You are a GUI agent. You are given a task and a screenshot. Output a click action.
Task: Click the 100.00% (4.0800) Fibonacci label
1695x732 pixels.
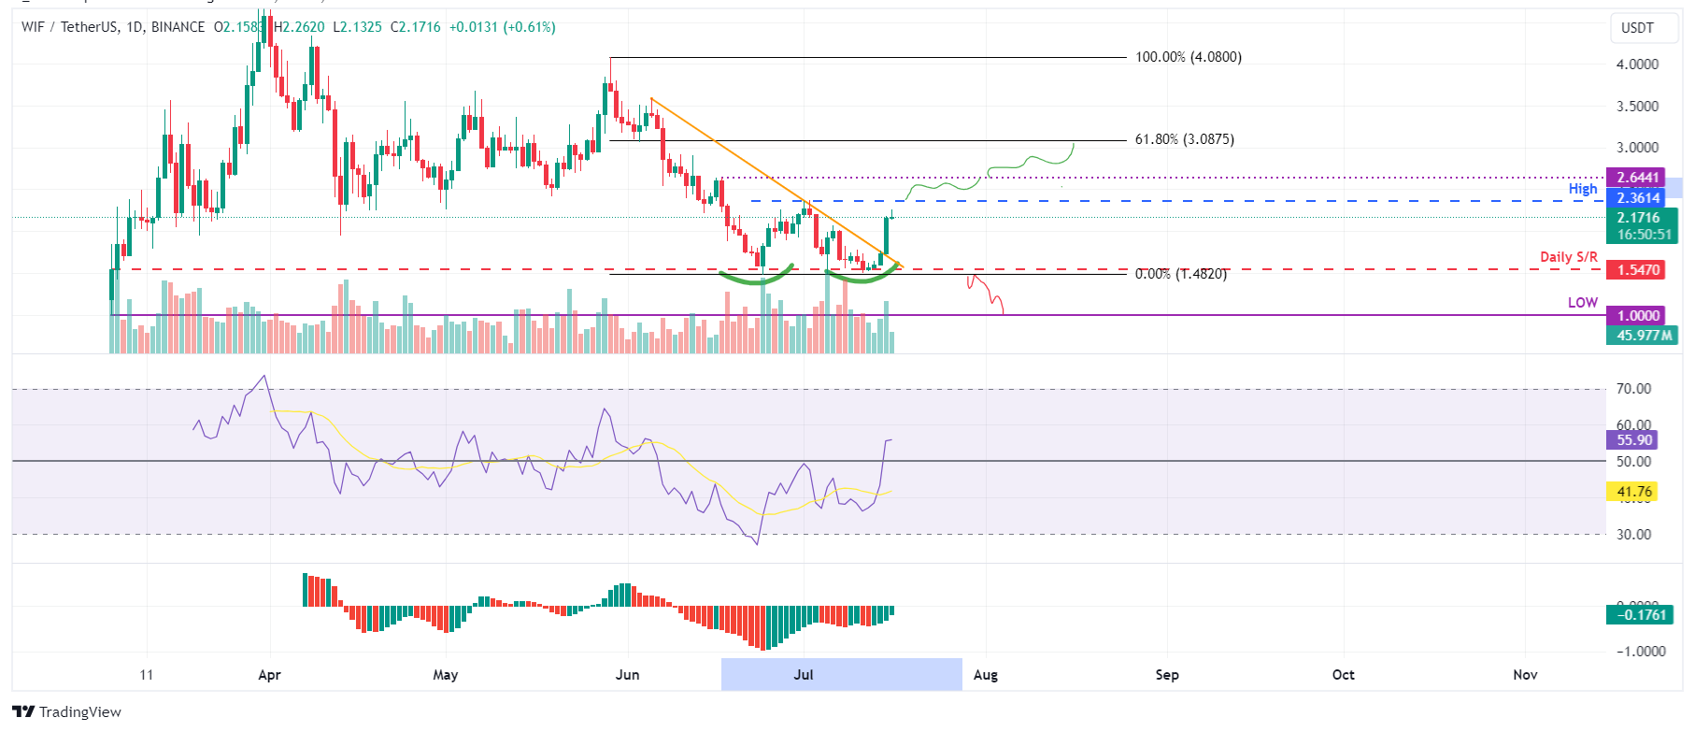coord(1188,57)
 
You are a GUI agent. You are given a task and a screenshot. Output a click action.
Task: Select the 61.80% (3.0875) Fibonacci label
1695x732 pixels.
coord(1184,139)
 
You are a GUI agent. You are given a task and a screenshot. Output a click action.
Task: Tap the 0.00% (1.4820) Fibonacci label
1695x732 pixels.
coord(1180,274)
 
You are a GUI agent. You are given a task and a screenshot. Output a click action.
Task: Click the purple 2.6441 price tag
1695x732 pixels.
coord(1638,178)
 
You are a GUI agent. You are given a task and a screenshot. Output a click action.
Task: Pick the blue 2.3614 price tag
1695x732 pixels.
coord(1638,198)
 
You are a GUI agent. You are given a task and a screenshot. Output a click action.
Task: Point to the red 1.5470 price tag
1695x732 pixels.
coord(1638,270)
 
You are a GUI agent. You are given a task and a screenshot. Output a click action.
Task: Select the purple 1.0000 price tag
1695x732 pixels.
coord(1638,316)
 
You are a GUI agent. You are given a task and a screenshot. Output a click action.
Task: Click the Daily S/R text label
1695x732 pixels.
coord(1569,257)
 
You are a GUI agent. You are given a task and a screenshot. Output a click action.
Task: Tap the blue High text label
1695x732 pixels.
coord(1583,189)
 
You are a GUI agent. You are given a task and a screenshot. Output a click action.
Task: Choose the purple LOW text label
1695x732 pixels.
coord(1583,303)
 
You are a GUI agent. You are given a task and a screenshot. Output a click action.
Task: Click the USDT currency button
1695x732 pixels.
coord(1637,28)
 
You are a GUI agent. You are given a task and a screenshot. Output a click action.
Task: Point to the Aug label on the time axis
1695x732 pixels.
coord(986,675)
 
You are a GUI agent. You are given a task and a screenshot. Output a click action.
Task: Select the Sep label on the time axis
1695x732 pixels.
coord(1167,675)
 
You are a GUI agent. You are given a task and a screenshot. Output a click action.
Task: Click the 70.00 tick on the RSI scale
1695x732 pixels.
coord(1633,389)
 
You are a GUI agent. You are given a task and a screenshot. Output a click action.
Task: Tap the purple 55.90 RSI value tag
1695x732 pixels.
coord(1633,440)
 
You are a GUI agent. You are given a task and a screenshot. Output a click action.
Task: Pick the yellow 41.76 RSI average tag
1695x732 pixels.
coord(1633,492)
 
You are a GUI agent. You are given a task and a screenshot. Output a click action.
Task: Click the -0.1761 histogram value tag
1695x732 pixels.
coord(1640,615)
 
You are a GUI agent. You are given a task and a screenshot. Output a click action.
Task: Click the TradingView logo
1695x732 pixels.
coord(67,712)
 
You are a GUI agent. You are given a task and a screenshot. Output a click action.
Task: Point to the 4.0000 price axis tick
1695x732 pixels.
coord(1637,65)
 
